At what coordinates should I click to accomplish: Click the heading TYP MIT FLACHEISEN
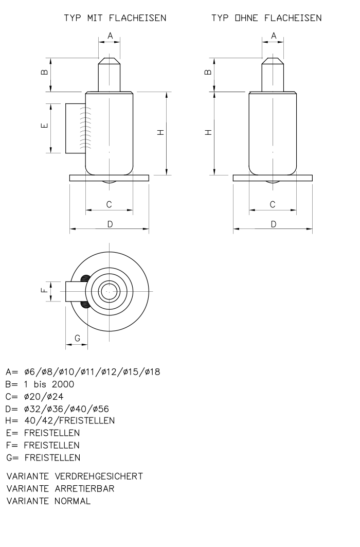(x=115, y=19)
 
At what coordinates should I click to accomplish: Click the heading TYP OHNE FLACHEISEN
(x=267, y=19)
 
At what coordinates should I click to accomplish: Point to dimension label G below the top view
(x=77, y=338)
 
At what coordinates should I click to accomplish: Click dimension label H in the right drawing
(x=208, y=132)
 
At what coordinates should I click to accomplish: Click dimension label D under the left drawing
(x=110, y=224)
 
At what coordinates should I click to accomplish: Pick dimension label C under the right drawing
(x=273, y=204)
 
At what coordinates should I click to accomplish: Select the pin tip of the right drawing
(x=273, y=61)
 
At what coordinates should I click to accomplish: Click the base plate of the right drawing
(x=273, y=178)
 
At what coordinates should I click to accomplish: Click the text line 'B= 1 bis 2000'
(x=40, y=384)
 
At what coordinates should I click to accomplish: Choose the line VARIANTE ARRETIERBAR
(x=60, y=488)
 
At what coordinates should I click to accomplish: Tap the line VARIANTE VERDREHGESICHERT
(x=74, y=476)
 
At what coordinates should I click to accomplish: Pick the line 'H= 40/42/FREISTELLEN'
(x=60, y=420)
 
